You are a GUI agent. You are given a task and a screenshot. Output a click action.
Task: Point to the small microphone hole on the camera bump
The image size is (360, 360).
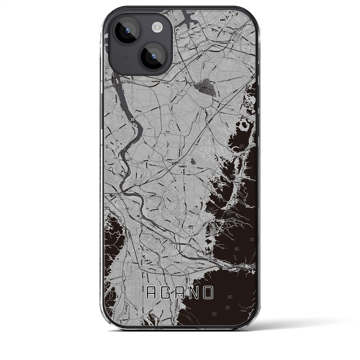pos(126,58)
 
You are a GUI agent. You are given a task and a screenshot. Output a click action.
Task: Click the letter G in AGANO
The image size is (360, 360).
pos(167,293)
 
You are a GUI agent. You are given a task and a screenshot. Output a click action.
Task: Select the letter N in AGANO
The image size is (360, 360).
pos(195,293)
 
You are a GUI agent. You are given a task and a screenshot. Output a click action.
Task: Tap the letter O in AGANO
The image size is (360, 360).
pos(208,293)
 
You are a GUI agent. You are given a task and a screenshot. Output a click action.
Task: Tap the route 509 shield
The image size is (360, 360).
pos(247,177)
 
